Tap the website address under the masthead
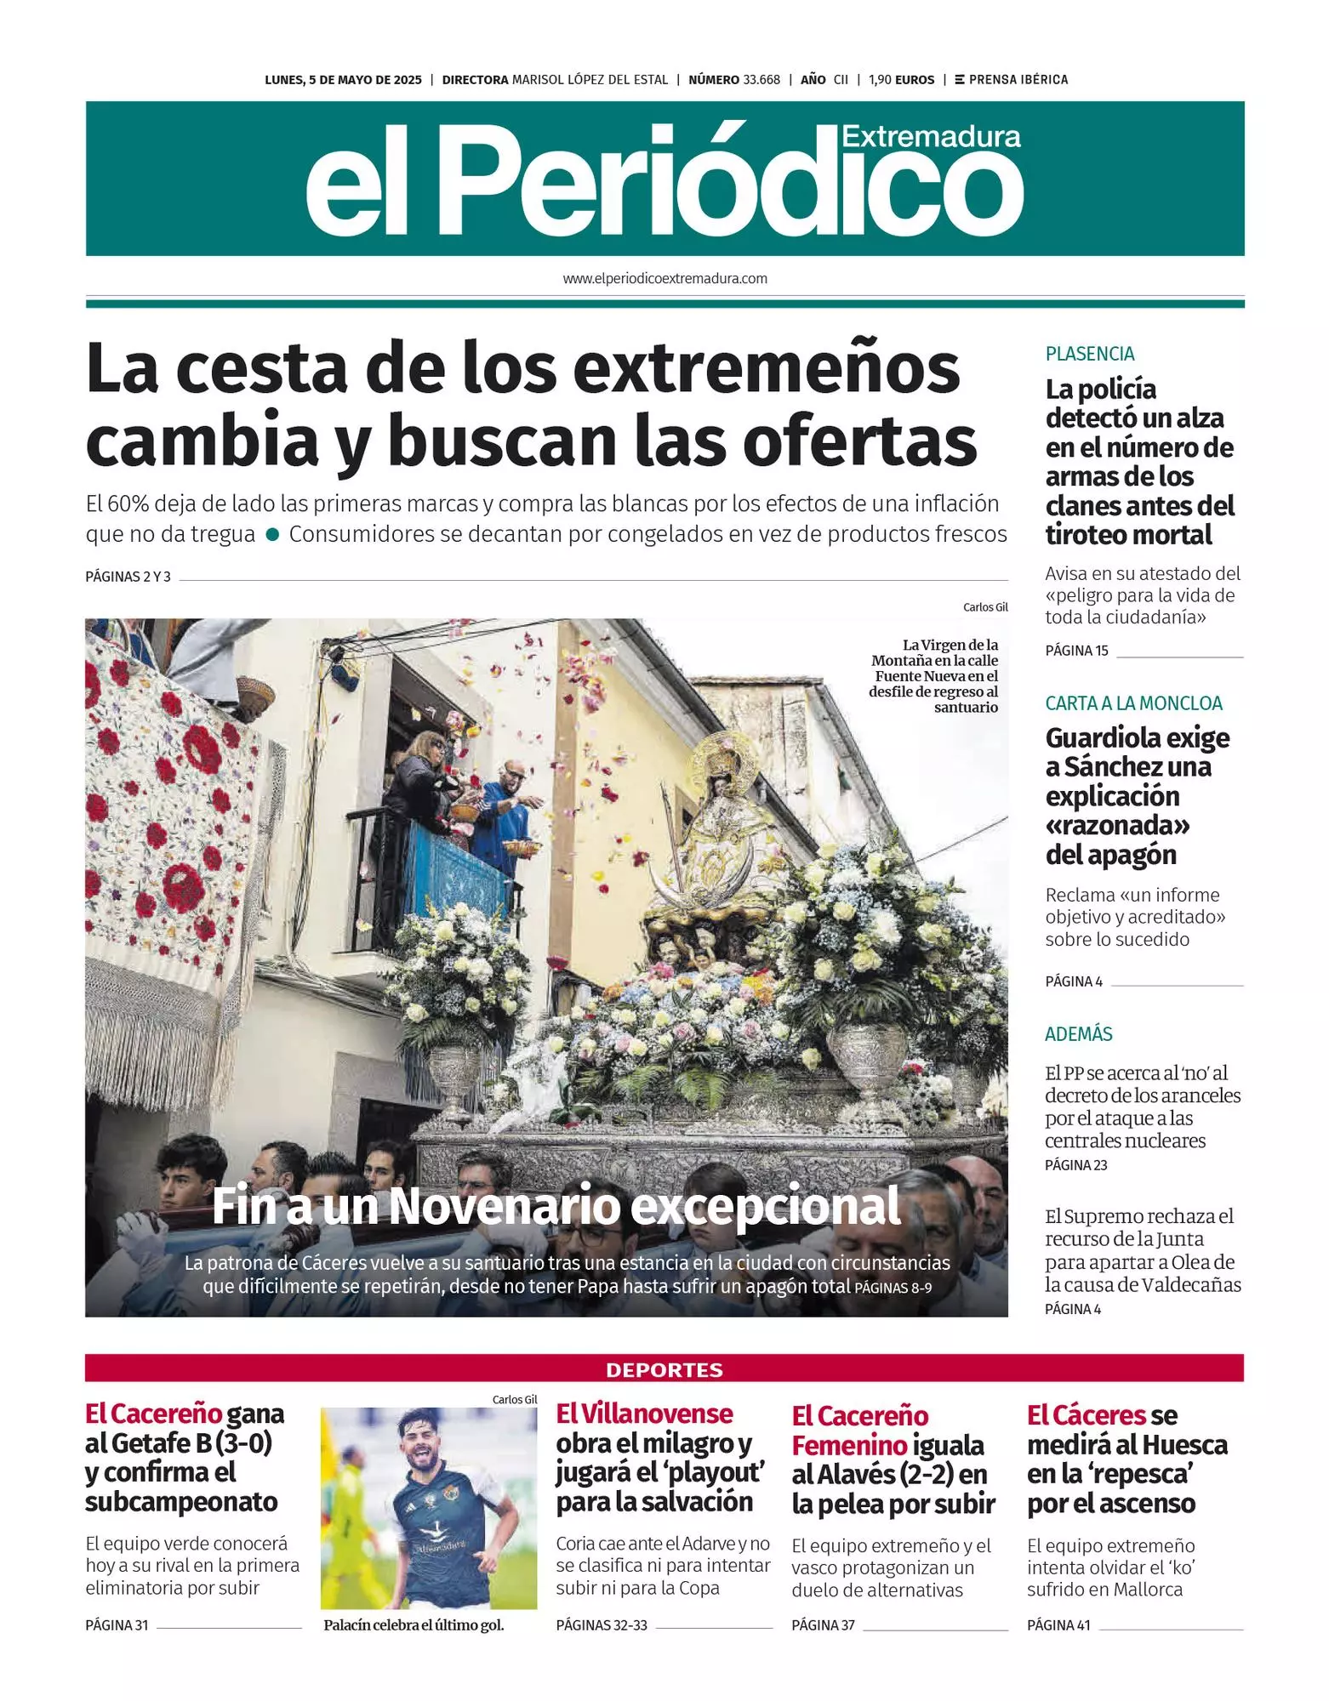(x=664, y=278)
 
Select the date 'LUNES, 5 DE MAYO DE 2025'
(x=343, y=80)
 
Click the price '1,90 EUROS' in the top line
(x=901, y=80)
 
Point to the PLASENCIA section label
(x=1090, y=354)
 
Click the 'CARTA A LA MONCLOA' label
(x=1133, y=703)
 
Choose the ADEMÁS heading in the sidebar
(x=1078, y=1034)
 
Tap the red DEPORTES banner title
(x=664, y=1370)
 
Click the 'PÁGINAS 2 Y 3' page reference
(x=128, y=577)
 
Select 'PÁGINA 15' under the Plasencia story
(x=1076, y=651)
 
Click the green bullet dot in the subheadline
(x=272, y=535)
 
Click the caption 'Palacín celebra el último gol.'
(x=414, y=1625)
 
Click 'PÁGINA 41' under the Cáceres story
(x=1058, y=1625)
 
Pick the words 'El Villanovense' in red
(x=644, y=1414)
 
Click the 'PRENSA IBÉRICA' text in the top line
(x=1018, y=80)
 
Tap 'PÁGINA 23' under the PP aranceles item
(x=1075, y=1165)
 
